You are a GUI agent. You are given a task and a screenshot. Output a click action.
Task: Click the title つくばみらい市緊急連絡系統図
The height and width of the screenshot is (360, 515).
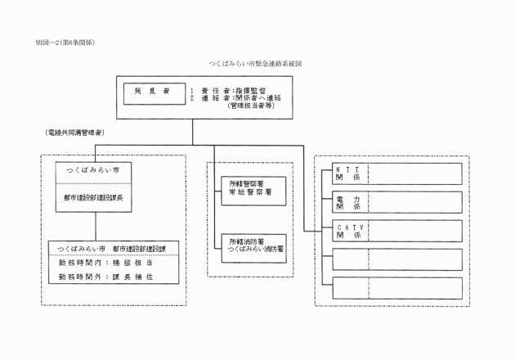257,63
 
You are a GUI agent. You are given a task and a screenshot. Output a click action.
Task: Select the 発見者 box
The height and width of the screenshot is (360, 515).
151,91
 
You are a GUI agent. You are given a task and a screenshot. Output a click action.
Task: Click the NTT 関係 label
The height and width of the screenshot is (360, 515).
347,173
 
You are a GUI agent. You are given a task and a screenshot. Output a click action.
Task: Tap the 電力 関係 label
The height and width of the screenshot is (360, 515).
347,202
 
